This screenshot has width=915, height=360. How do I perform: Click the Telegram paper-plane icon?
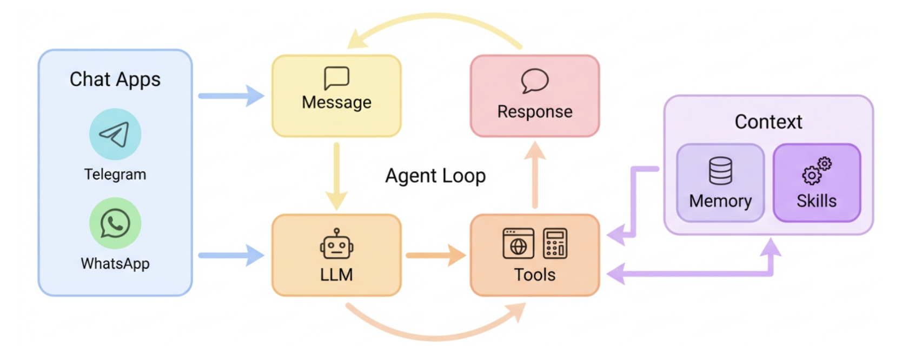coord(115,134)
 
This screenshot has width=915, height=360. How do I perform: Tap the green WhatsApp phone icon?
coord(115,223)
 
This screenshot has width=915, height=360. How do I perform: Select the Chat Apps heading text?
coord(115,79)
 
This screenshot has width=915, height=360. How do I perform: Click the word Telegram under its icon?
coord(115,175)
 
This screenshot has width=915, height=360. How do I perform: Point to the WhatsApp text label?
coord(115,264)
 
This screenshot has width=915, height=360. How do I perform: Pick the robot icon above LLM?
coord(336,244)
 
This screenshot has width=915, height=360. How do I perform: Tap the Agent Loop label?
coord(435,176)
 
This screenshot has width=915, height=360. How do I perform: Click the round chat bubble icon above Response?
coord(535,81)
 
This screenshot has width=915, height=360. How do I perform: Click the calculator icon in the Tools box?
coord(555,243)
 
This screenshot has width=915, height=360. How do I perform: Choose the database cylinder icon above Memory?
coord(720,171)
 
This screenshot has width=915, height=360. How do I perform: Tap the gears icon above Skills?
coord(817,171)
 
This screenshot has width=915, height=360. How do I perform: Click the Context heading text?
coord(768,122)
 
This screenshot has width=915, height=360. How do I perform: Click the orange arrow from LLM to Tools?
coord(435,255)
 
